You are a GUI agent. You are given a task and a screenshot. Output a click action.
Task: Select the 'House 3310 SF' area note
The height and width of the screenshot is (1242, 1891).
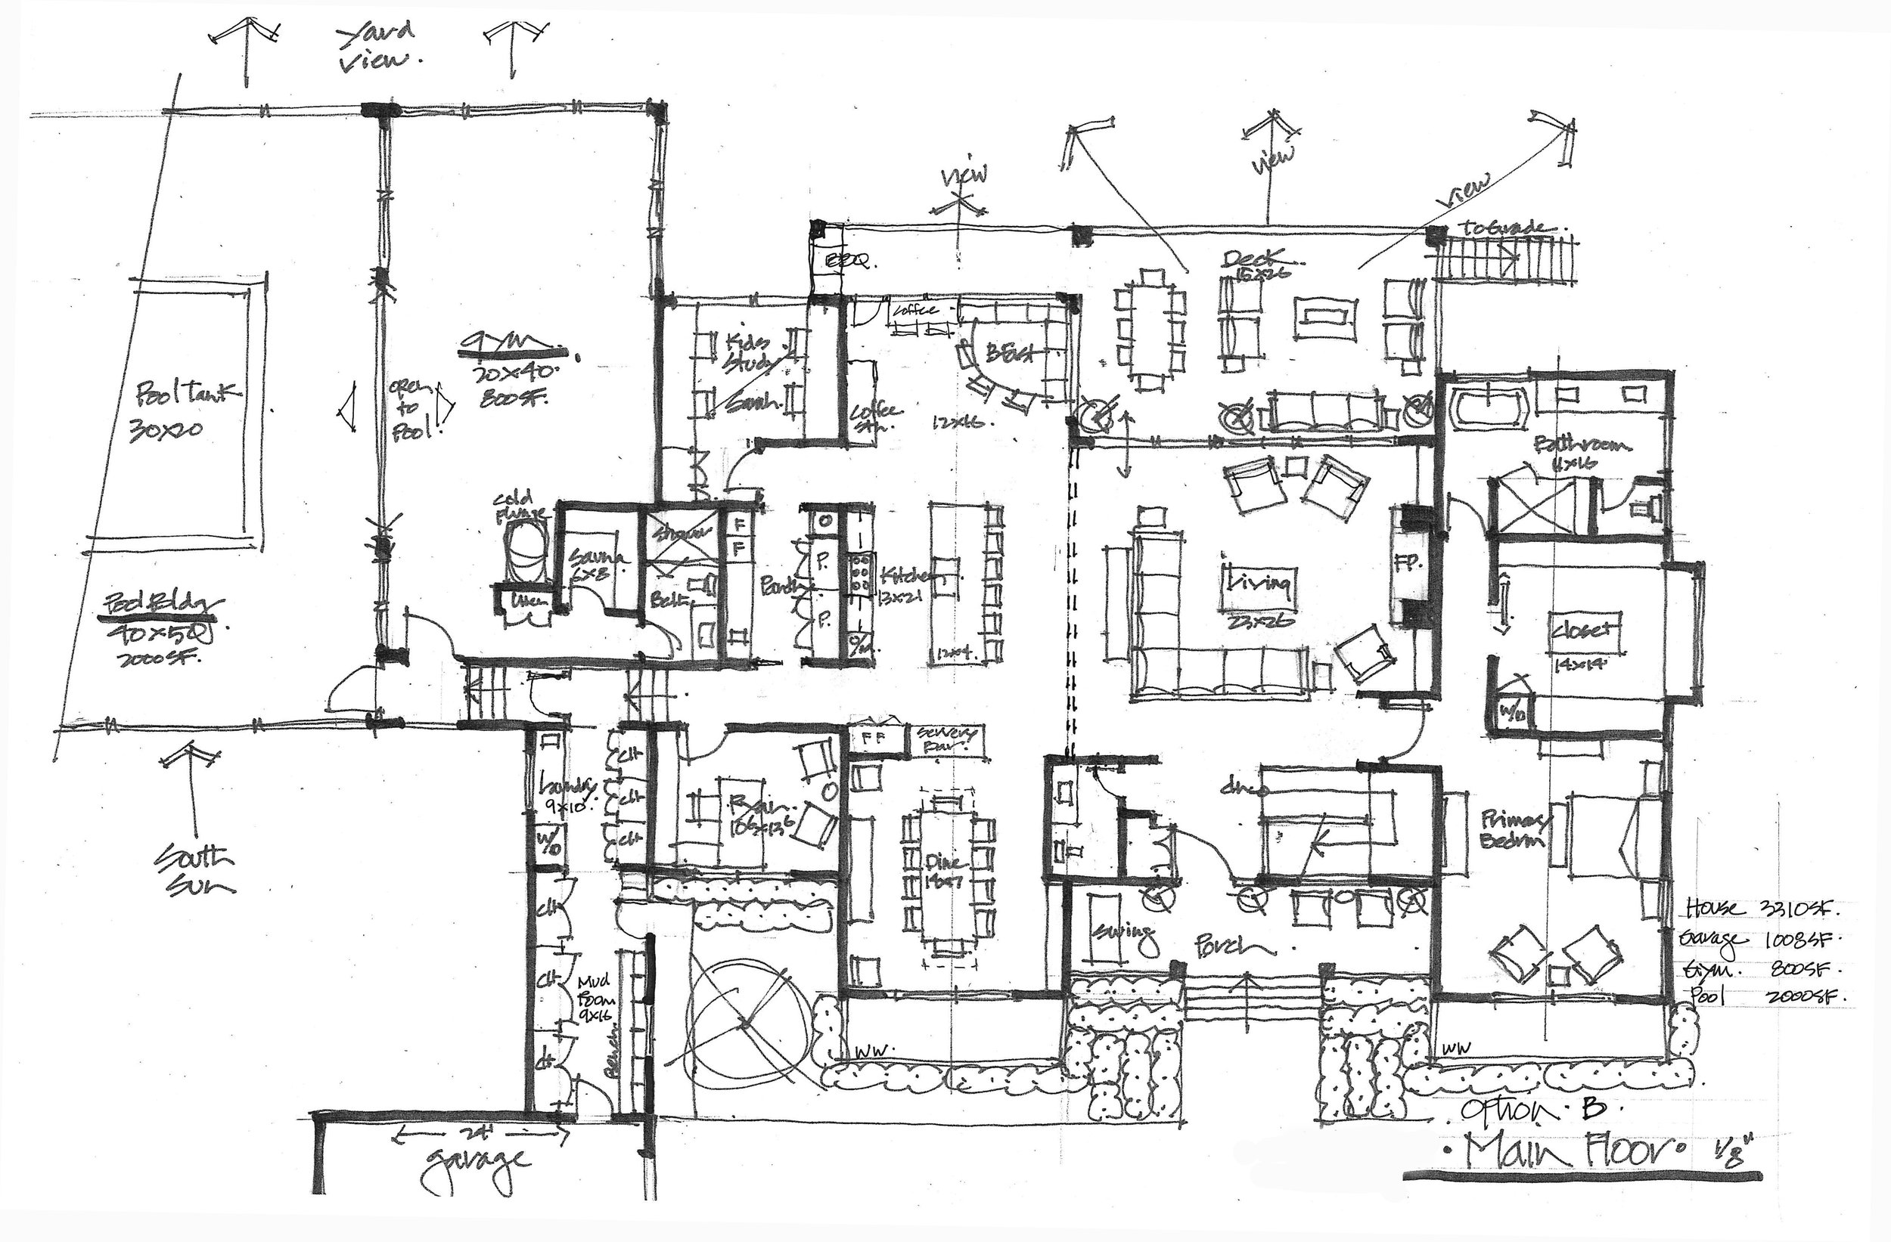pos(1760,909)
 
